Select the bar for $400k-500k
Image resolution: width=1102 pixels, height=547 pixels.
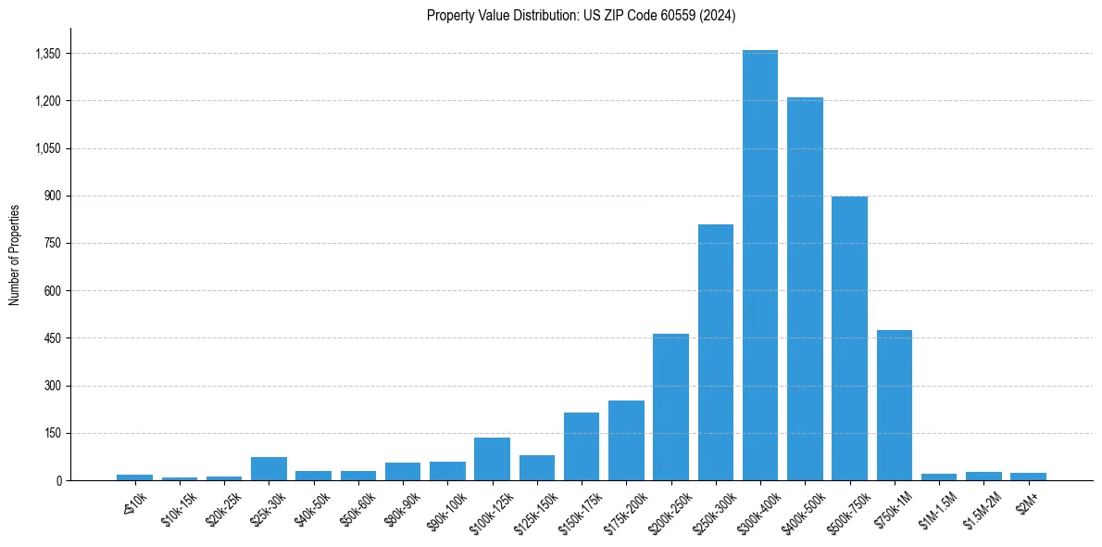pyautogui.click(x=805, y=288)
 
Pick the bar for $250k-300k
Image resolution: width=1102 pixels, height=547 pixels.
pyautogui.click(x=716, y=352)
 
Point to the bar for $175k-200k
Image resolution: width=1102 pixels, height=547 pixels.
pyautogui.click(x=626, y=440)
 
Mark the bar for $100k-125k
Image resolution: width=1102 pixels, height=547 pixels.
pyautogui.click(x=492, y=459)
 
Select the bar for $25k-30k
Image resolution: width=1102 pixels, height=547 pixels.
pyautogui.click(x=269, y=468)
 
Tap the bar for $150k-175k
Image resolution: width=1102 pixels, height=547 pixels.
pyautogui.click(x=582, y=446)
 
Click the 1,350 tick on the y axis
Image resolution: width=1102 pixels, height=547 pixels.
pyautogui.click(x=47, y=54)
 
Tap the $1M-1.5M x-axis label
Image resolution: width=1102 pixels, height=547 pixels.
pyautogui.click(x=937, y=508)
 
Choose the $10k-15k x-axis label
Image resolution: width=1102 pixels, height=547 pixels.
pyautogui.click(x=178, y=508)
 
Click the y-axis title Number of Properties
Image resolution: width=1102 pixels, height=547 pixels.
pyautogui.click(x=14, y=254)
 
